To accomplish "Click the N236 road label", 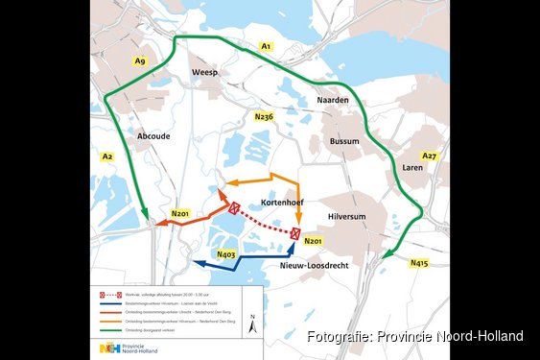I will (264, 116).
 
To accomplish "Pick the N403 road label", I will (226, 254).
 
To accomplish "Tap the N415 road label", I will (419, 262).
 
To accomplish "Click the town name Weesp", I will (205, 73).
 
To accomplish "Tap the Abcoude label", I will (153, 136).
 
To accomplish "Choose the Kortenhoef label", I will (283, 203).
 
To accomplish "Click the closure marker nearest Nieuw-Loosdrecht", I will (296, 233).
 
